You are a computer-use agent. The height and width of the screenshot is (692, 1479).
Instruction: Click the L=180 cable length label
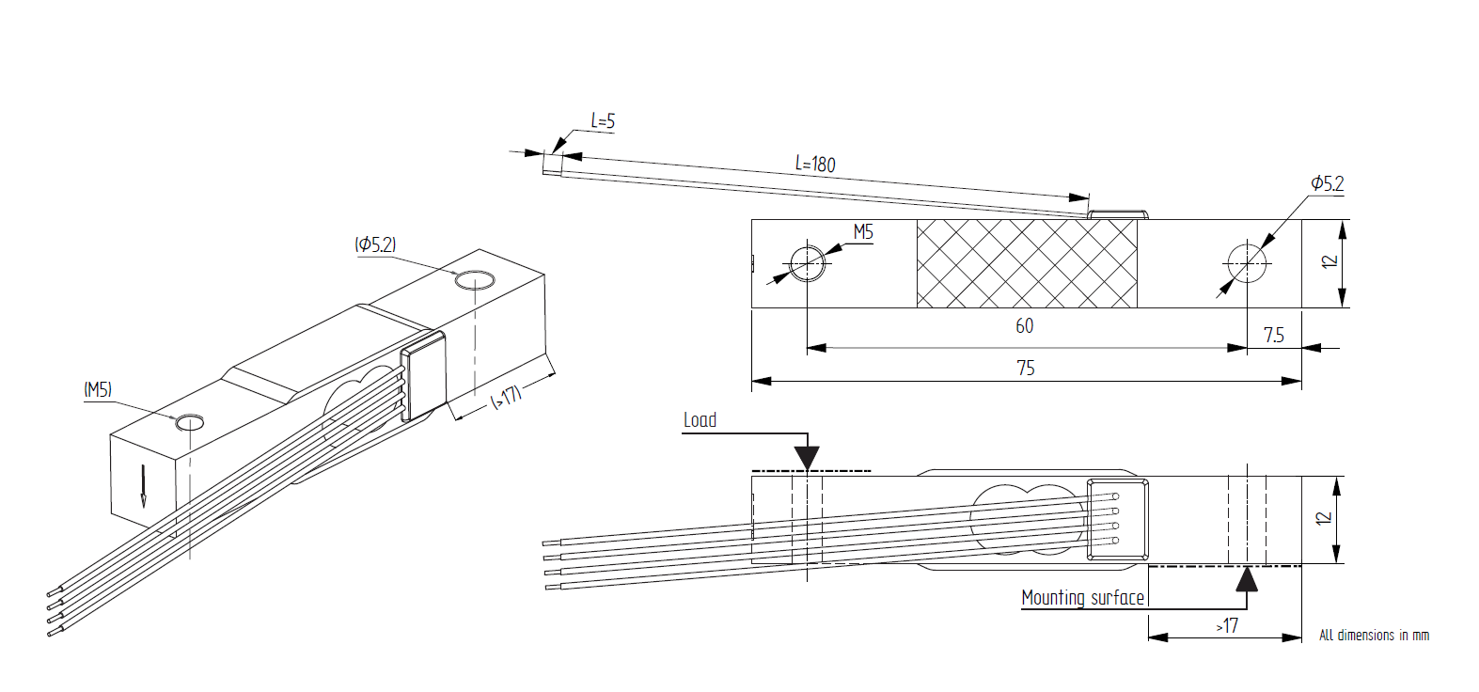815,164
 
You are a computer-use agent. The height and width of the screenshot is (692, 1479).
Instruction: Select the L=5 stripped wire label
603,121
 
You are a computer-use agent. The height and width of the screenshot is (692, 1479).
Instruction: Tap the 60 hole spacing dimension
1024,326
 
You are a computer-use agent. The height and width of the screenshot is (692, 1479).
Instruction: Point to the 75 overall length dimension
1026,369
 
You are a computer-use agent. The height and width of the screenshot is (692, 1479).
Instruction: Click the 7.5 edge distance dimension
1273,336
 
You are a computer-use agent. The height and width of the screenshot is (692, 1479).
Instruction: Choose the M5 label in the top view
862,232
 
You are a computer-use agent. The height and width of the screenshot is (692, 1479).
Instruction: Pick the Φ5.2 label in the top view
1327,183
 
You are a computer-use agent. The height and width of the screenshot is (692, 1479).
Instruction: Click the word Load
700,420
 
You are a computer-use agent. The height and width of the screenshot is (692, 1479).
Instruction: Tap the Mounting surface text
1082,598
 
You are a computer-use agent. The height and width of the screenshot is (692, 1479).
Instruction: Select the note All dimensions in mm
1374,636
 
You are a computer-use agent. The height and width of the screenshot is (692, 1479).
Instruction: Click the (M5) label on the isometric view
98,389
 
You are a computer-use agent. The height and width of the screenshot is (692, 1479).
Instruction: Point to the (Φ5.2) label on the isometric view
375,244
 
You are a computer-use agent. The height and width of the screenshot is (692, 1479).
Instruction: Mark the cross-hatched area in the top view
1026,263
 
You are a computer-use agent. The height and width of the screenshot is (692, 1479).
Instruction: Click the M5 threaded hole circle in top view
807,263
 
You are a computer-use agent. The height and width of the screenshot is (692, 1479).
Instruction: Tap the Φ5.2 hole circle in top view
1247,263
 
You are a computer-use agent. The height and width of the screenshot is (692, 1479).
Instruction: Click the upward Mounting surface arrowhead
1247,577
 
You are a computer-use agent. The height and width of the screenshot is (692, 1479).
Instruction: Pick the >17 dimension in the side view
1227,626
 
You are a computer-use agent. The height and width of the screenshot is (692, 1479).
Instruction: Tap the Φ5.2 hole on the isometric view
474,280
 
